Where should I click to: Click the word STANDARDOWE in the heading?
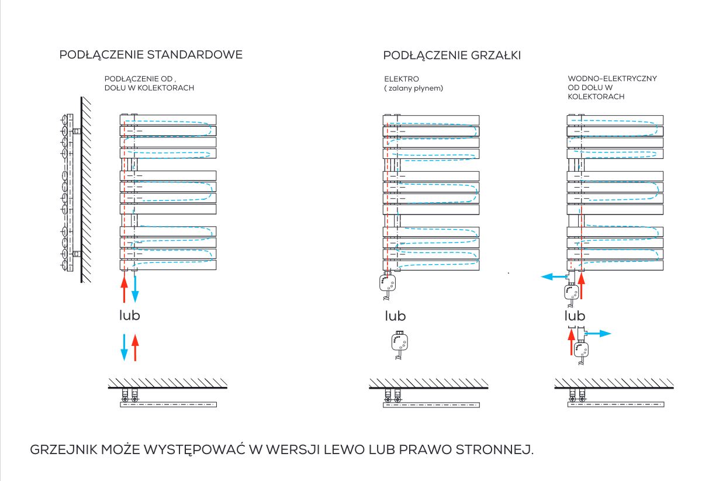(x=195, y=55)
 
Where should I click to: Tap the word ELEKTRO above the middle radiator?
(x=402, y=79)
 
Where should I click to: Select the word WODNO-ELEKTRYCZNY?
(x=612, y=78)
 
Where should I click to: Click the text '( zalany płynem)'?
(x=414, y=88)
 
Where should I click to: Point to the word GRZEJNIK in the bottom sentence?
(x=64, y=449)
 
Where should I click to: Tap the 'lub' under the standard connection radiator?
(x=129, y=315)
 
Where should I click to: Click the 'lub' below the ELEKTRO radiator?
(x=395, y=316)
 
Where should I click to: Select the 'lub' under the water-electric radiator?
(x=575, y=316)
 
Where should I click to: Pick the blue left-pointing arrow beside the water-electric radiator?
(x=554, y=276)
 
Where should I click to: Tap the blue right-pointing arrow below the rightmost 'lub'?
(x=598, y=333)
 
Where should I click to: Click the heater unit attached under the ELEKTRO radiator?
(x=388, y=286)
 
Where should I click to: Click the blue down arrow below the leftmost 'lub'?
(x=125, y=347)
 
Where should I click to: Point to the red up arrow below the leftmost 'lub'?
(x=135, y=347)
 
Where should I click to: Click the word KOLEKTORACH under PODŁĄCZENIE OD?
(x=166, y=88)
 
